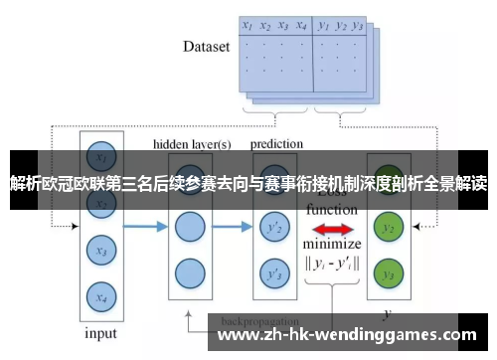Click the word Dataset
point(207,46)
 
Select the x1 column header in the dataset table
point(248,27)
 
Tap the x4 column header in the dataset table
point(300,27)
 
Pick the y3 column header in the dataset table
point(359,27)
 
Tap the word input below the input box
point(99,333)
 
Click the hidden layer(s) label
point(192,144)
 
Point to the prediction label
point(277,144)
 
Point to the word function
point(332,210)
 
